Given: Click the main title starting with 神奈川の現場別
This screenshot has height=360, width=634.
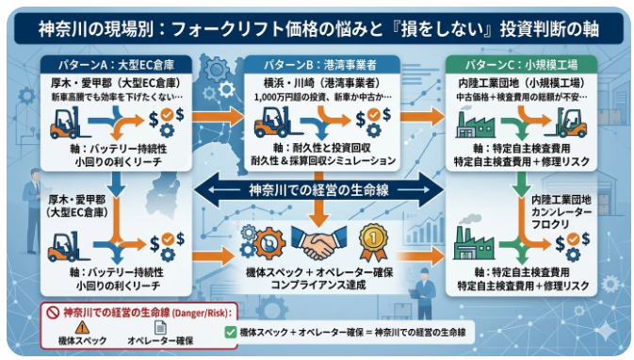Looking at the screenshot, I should [317, 25].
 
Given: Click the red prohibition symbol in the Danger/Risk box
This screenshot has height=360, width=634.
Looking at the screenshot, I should [54, 311].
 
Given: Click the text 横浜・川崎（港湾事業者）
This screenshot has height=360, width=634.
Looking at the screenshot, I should [315, 84].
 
